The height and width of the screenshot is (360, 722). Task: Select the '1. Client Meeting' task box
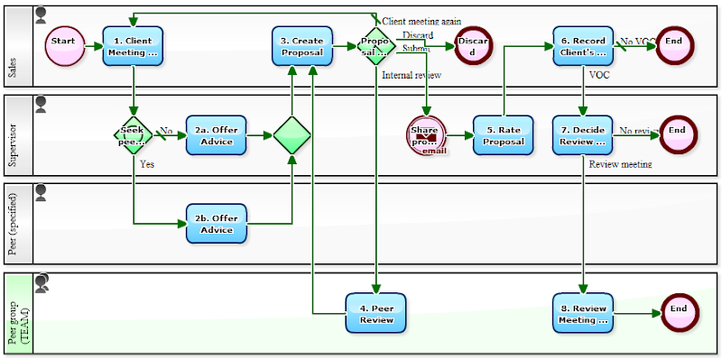pyautogui.click(x=133, y=46)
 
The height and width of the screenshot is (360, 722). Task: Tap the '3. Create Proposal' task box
pyautogui.click(x=301, y=46)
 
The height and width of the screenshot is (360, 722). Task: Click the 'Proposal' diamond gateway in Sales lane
pyautogui.click(x=375, y=46)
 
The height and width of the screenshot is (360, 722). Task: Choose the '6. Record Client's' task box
pyautogui.click(x=583, y=46)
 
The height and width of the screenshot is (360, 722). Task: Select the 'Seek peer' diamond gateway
pyautogui.click(x=134, y=135)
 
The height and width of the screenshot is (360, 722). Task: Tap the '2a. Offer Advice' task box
pyautogui.click(x=216, y=135)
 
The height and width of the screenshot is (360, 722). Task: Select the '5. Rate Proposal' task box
pyautogui.click(x=503, y=135)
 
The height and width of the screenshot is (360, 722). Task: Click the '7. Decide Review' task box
pyautogui.click(x=583, y=135)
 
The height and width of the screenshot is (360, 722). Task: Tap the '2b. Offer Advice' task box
pyautogui.click(x=216, y=224)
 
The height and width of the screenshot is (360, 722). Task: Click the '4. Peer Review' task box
pyautogui.click(x=376, y=313)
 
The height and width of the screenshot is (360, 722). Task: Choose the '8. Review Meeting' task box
pyautogui.click(x=583, y=313)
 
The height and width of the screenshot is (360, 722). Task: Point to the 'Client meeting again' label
pyautogui.click(x=421, y=21)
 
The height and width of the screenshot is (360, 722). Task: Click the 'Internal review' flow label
pyautogui.click(x=412, y=75)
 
